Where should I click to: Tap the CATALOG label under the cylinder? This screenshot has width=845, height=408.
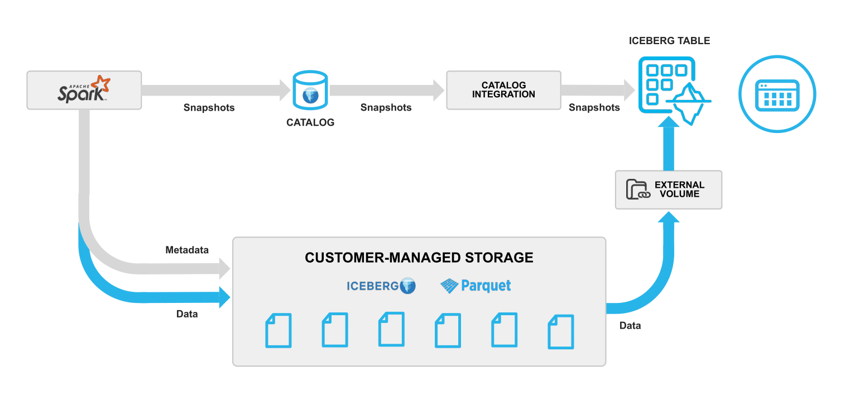pos(310,122)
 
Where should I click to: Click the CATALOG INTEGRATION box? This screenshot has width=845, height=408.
pos(503,90)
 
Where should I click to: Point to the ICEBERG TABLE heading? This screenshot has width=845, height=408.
pos(669,41)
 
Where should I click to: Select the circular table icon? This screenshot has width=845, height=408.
pos(777,94)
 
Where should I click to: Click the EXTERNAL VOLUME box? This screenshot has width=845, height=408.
pos(668,190)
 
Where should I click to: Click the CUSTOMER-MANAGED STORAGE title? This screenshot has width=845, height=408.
pos(419,258)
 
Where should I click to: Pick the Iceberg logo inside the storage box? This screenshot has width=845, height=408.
pos(381,286)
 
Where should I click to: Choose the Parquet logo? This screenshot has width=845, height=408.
pos(476,286)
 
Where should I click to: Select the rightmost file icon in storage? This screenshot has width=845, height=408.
pos(561,332)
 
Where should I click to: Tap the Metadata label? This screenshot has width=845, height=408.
pos(187,250)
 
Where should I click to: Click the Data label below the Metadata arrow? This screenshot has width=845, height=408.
pos(187,314)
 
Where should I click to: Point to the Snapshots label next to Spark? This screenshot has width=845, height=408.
pos(209,107)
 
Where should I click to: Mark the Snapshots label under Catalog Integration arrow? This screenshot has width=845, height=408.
pos(594,107)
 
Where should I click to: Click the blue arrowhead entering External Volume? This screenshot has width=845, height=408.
pos(668,216)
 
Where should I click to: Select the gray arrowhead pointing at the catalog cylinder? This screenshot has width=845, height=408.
pos(285,90)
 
